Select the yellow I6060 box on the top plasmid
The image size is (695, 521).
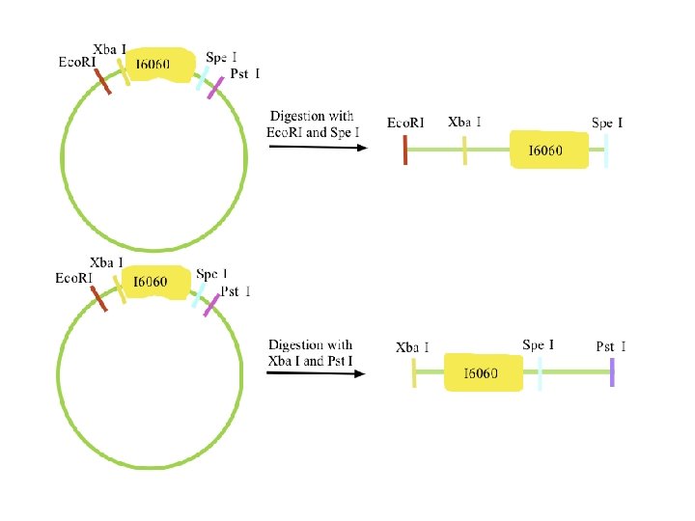(153, 65)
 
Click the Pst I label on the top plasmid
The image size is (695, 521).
(244, 73)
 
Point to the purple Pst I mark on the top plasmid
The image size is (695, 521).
(214, 85)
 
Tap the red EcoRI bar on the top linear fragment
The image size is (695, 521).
(405, 150)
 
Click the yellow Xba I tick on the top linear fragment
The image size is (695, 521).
(464, 151)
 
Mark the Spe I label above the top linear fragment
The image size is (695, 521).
(607, 123)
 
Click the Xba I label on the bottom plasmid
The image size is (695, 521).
(106, 262)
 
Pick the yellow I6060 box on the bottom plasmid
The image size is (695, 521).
(152, 282)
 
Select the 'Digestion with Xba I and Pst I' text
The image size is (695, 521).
(310, 352)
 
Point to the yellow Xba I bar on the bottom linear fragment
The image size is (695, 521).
(414, 372)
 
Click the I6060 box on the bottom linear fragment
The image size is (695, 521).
(482, 372)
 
